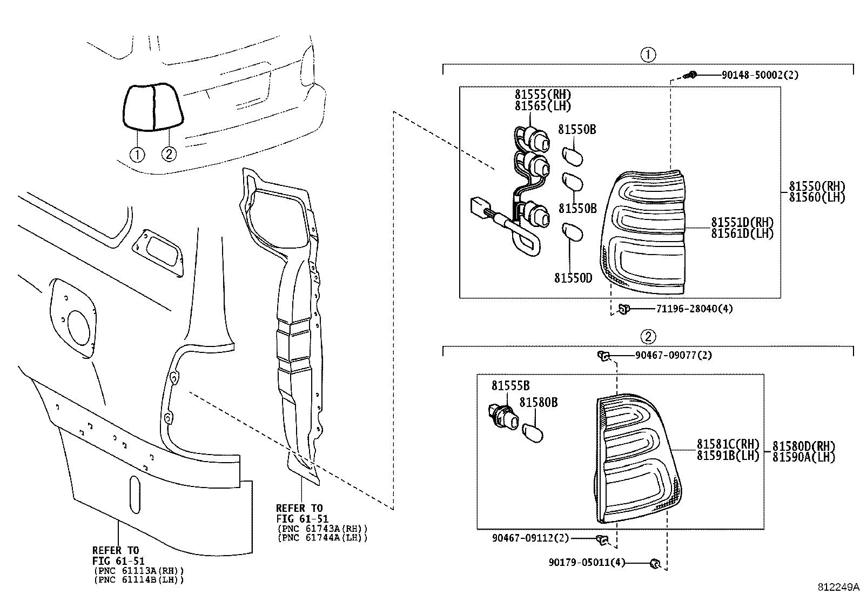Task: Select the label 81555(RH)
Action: click(542, 94)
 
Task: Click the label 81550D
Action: click(573, 278)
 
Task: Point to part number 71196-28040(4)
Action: click(694, 309)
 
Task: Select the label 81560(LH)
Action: click(816, 198)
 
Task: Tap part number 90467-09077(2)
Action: click(673, 355)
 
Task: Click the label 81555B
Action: click(510, 386)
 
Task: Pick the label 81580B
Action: click(538, 403)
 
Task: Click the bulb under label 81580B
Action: click(533, 432)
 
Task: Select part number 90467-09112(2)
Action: click(530, 538)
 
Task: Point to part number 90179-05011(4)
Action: click(587, 563)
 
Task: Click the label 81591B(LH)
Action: click(728, 456)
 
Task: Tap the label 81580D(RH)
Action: click(803, 446)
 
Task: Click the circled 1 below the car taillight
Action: click(137, 155)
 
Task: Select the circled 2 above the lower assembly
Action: click(648, 337)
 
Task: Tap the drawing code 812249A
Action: click(837, 587)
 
